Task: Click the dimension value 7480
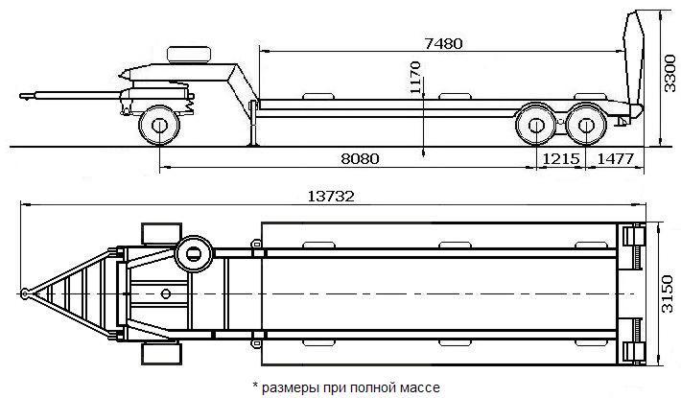pos(443,44)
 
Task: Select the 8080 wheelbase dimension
pos(360,159)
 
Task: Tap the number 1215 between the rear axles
pos(561,159)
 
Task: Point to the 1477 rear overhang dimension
pos(616,159)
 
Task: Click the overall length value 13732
pos(331,197)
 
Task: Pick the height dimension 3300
pos(670,73)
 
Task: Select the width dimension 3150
pos(668,293)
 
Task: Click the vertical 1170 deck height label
pos(415,78)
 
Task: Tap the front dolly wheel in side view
pos(159,126)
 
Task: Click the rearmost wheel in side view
pos(586,125)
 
